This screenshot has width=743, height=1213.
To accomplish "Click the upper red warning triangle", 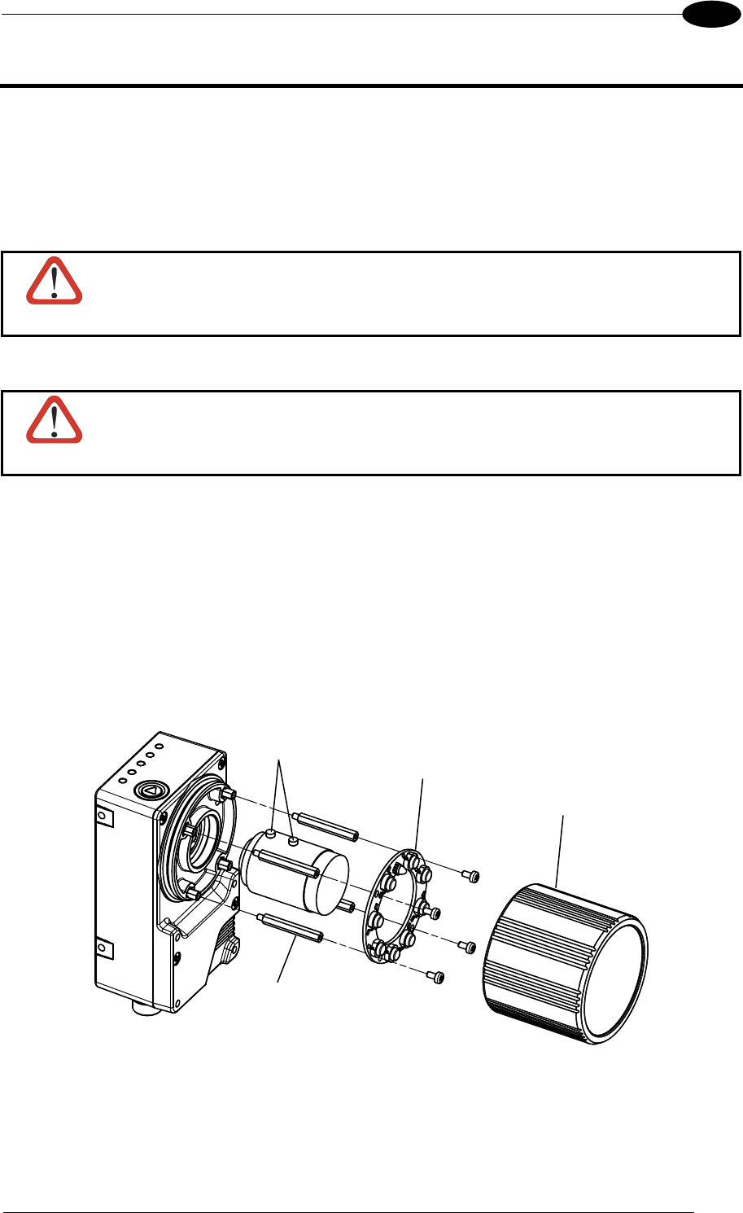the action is pyautogui.click(x=55, y=282).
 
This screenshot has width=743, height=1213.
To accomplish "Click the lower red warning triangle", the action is pyautogui.click(x=55, y=421).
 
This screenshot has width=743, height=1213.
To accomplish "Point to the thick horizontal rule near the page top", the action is pyautogui.click(x=371, y=85).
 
